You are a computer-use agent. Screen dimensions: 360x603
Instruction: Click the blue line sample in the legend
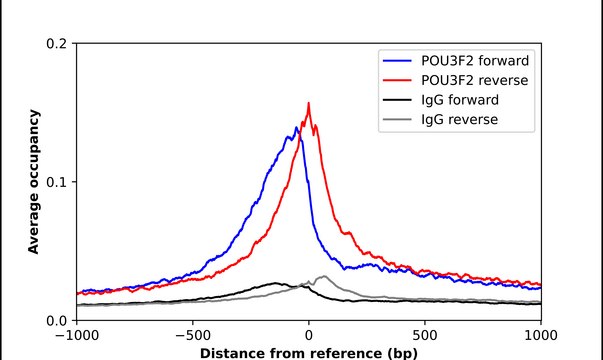coord(396,60)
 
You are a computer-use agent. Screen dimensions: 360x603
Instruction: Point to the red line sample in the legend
coord(396,80)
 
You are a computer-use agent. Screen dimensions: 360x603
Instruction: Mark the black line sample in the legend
coord(396,100)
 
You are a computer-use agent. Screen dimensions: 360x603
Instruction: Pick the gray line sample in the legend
coord(396,120)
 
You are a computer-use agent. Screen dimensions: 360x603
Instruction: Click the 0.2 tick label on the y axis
coord(57,44)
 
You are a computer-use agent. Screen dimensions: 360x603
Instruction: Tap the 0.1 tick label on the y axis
coord(57,182)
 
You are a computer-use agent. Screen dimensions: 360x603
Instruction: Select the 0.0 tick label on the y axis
coord(57,320)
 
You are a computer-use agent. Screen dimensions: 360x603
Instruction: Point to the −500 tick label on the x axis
coord(192,336)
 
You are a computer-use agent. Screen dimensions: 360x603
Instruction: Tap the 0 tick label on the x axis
coord(309,336)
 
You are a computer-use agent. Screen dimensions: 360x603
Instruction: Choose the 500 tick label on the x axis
coord(425,336)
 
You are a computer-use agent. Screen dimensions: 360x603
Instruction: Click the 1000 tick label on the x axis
coord(541,336)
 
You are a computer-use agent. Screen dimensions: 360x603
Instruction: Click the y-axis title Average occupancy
coord(33,182)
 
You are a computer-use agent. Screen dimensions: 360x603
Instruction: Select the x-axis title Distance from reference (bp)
coord(308,352)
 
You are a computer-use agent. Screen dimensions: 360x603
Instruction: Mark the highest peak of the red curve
coord(308,103)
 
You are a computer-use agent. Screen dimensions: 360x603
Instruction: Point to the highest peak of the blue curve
coord(297,127)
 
